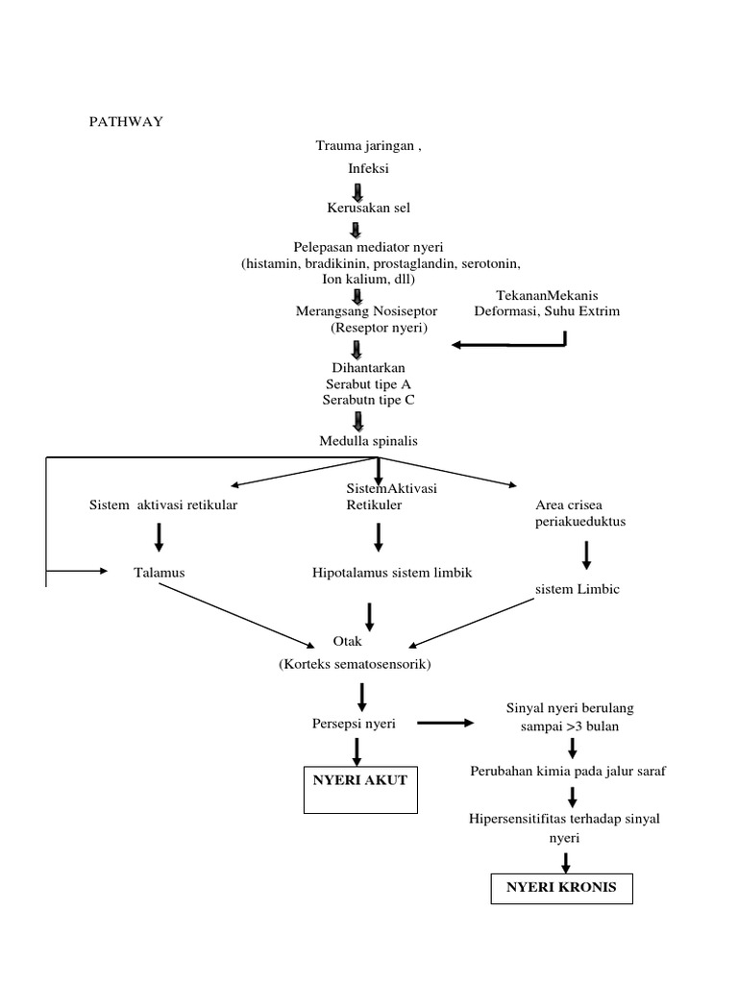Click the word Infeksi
coord(365,169)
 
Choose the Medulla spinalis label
coord(368,441)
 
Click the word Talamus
coord(160,573)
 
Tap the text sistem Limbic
coord(578,589)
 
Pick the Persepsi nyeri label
coord(354,724)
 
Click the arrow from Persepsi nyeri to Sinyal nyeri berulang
coord(445,724)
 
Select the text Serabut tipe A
coord(361,384)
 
